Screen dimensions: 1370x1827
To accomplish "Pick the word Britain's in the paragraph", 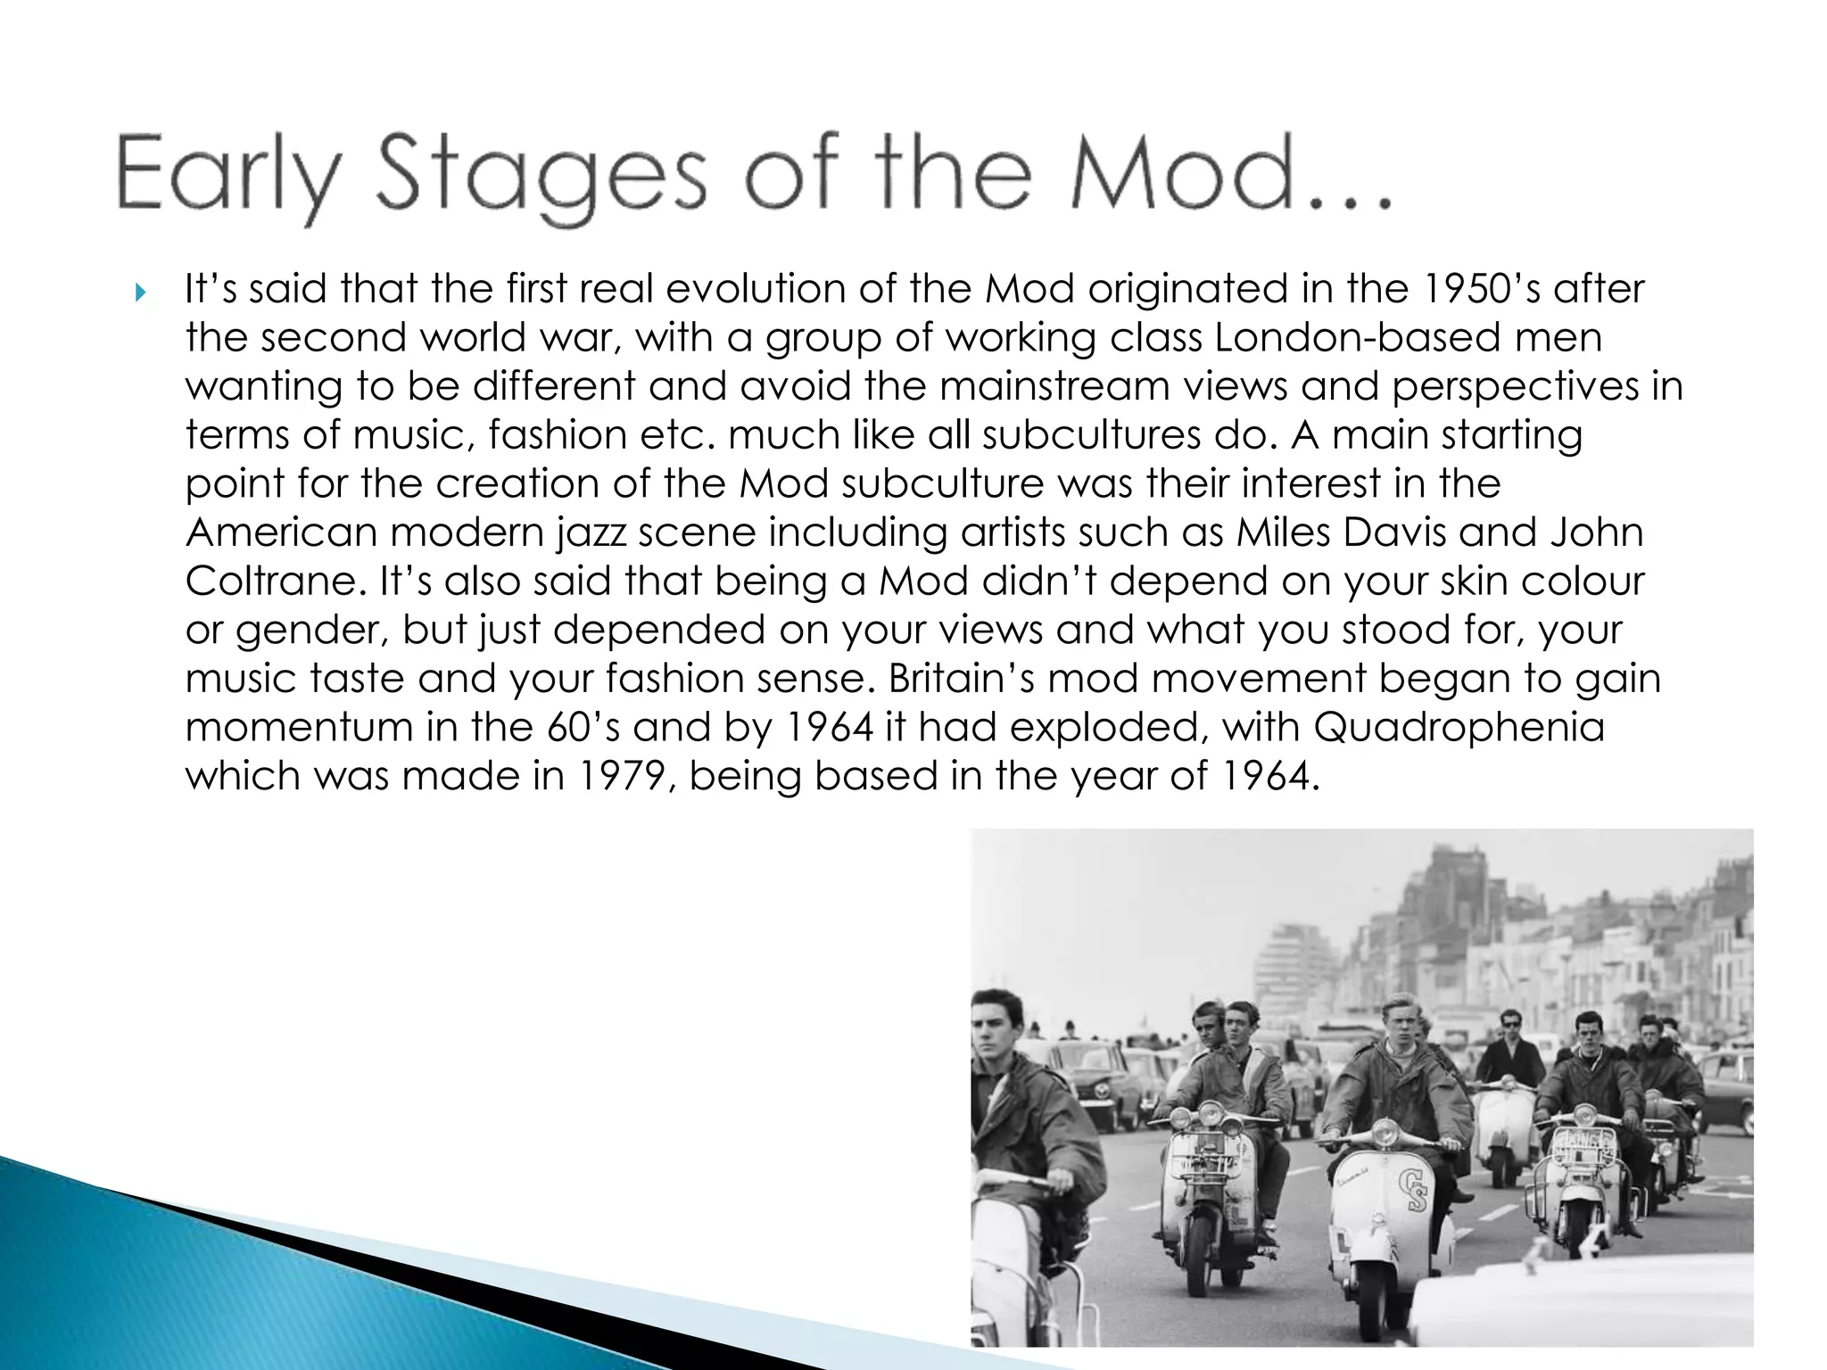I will click(x=960, y=678).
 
